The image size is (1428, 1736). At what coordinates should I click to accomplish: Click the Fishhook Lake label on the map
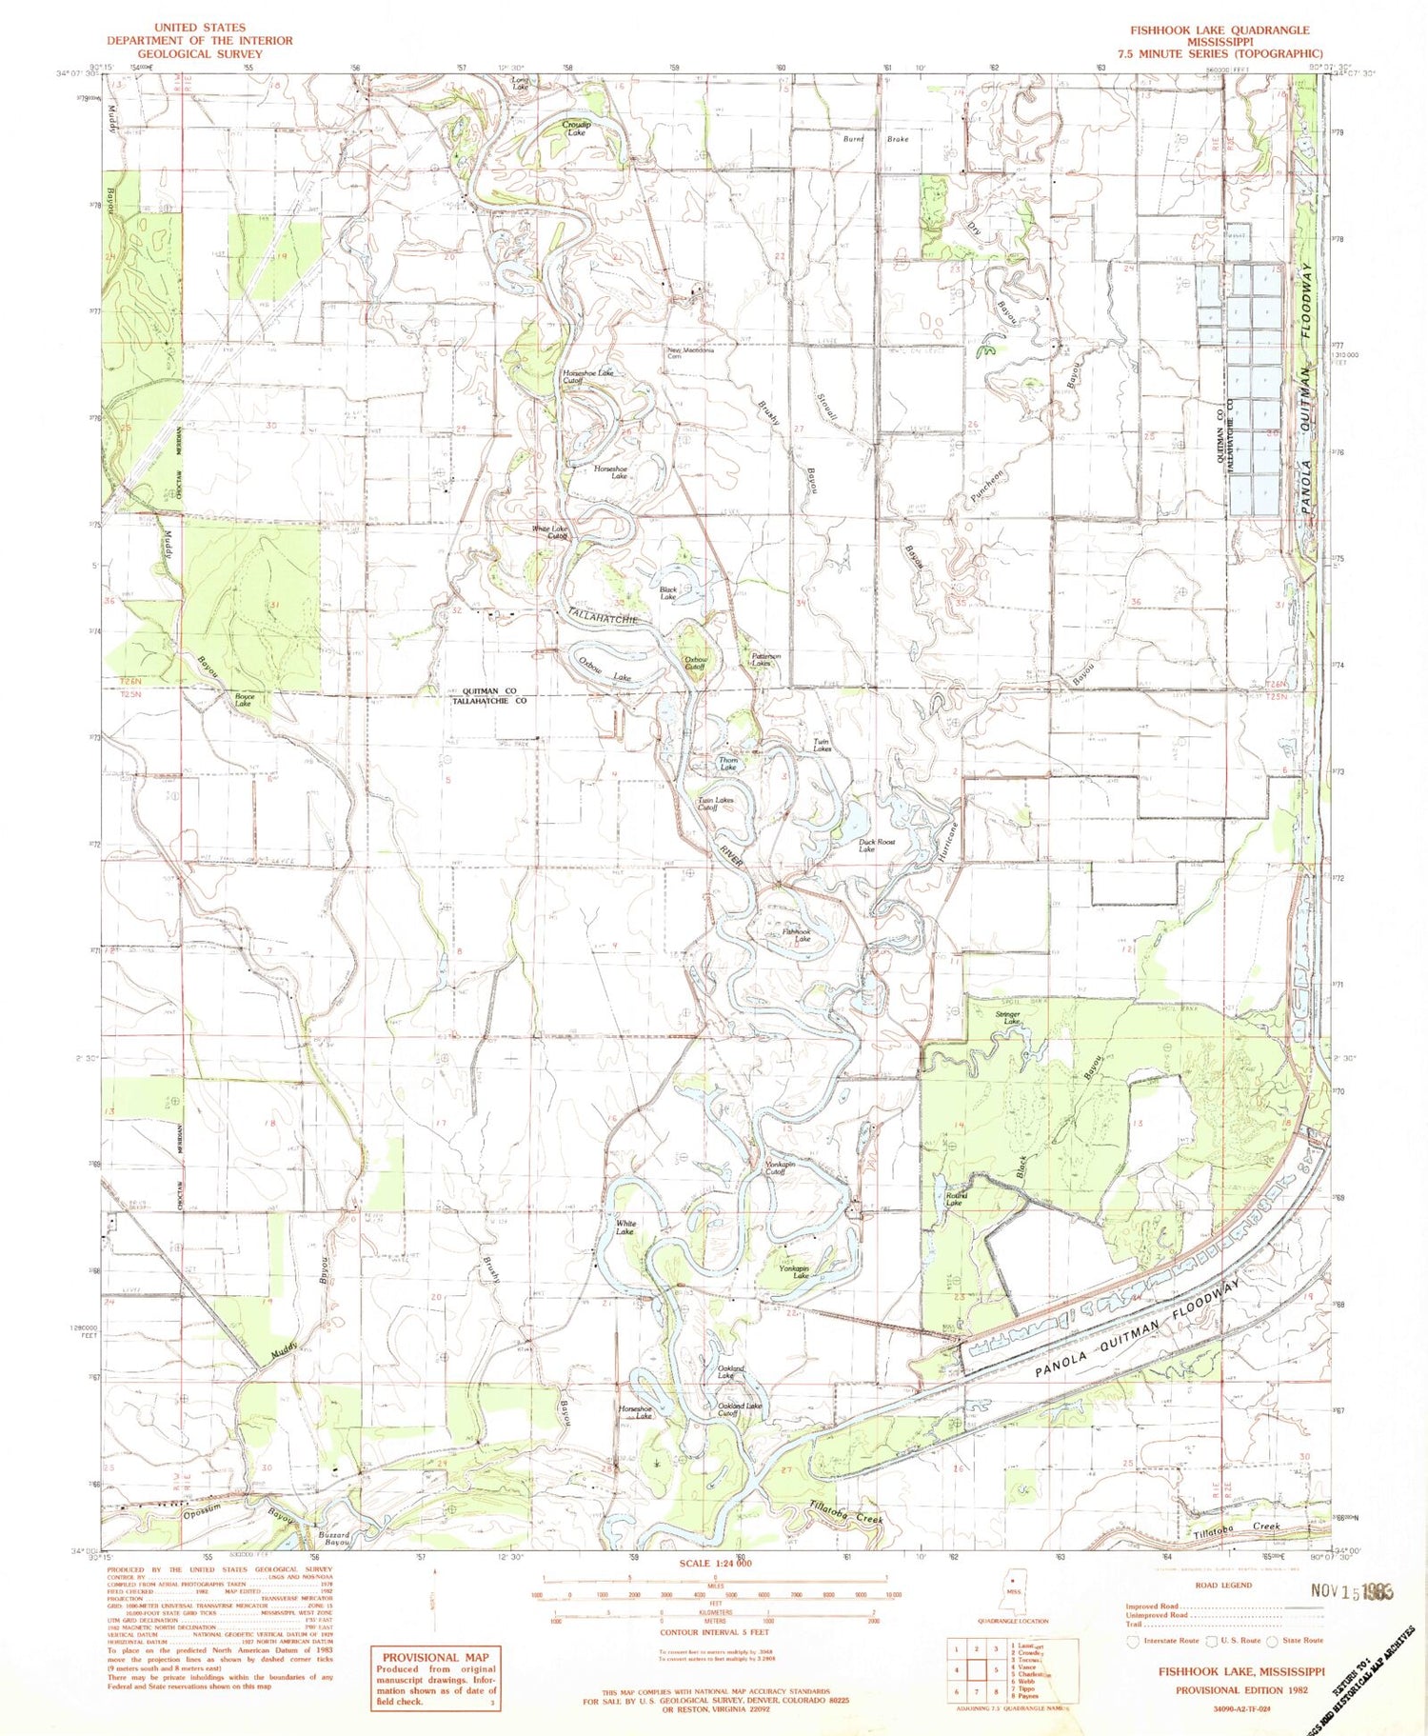point(796,935)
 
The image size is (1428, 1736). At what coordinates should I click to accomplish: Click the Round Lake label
point(956,1199)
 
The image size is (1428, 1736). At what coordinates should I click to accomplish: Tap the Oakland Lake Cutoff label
point(740,1409)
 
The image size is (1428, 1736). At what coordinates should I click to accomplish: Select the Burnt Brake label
point(875,139)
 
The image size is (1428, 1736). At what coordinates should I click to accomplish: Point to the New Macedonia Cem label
point(689,352)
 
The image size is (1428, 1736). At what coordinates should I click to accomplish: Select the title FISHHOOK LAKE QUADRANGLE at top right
point(1220,30)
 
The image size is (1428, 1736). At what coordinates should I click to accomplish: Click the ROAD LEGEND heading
point(1223,1585)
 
